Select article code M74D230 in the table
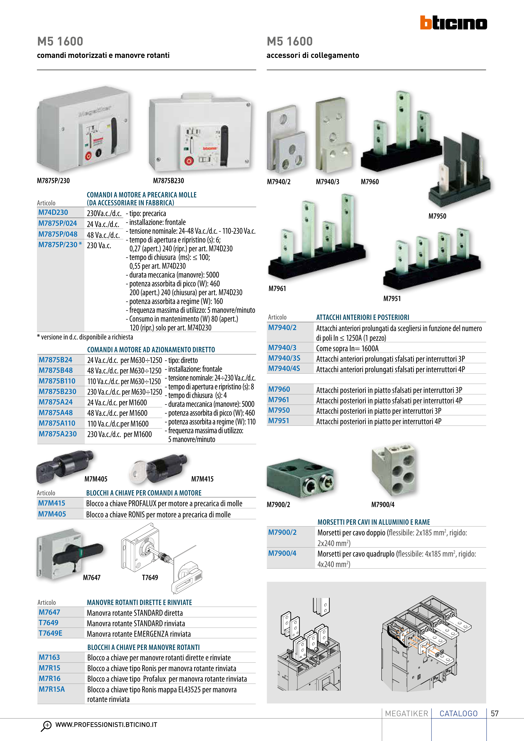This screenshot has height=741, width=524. point(53,212)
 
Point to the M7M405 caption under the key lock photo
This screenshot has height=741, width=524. point(96,479)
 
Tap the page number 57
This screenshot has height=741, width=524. point(495,713)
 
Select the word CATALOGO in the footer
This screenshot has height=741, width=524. point(459,713)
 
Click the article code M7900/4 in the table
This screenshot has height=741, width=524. point(282,553)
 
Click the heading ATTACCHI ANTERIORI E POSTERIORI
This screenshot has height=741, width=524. point(363,317)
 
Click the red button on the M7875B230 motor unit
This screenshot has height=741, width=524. point(188,161)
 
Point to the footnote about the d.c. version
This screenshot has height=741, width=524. point(85,337)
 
